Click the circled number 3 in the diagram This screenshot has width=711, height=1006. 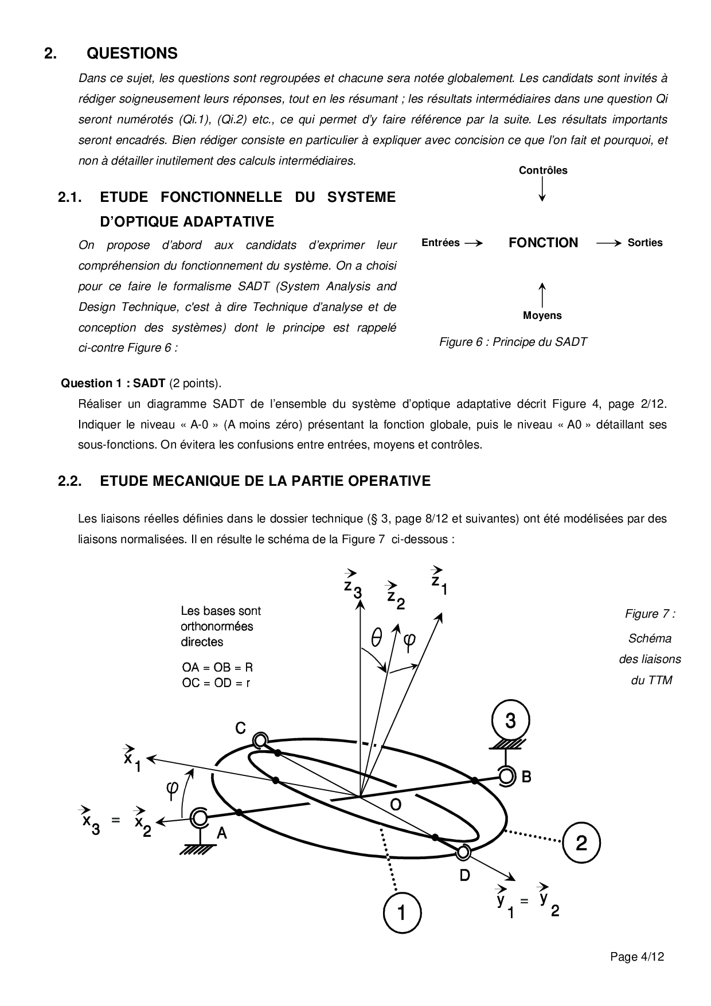[x=510, y=720]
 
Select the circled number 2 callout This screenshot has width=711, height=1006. [x=581, y=843]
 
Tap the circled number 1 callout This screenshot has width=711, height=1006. [x=401, y=911]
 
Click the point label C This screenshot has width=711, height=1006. [x=241, y=728]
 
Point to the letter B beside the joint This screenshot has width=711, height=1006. [x=526, y=777]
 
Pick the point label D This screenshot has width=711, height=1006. [x=465, y=875]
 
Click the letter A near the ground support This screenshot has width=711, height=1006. [x=222, y=833]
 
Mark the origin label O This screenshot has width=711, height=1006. [x=396, y=805]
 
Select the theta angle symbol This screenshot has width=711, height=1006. [x=377, y=638]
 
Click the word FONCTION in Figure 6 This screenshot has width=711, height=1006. [x=543, y=243]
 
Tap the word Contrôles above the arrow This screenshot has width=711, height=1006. [x=543, y=170]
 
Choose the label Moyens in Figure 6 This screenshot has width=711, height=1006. [x=542, y=315]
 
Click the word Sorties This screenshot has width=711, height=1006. [x=645, y=243]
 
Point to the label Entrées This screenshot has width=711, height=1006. [x=440, y=243]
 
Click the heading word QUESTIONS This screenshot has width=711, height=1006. [x=132, y=53]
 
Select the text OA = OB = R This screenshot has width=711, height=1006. [x=217, y=668]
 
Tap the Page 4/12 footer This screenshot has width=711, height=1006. [x=637, y=957]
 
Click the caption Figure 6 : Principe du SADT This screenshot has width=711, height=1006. [x=513, y=342]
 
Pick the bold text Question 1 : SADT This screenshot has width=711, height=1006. [x=114, y=383]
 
